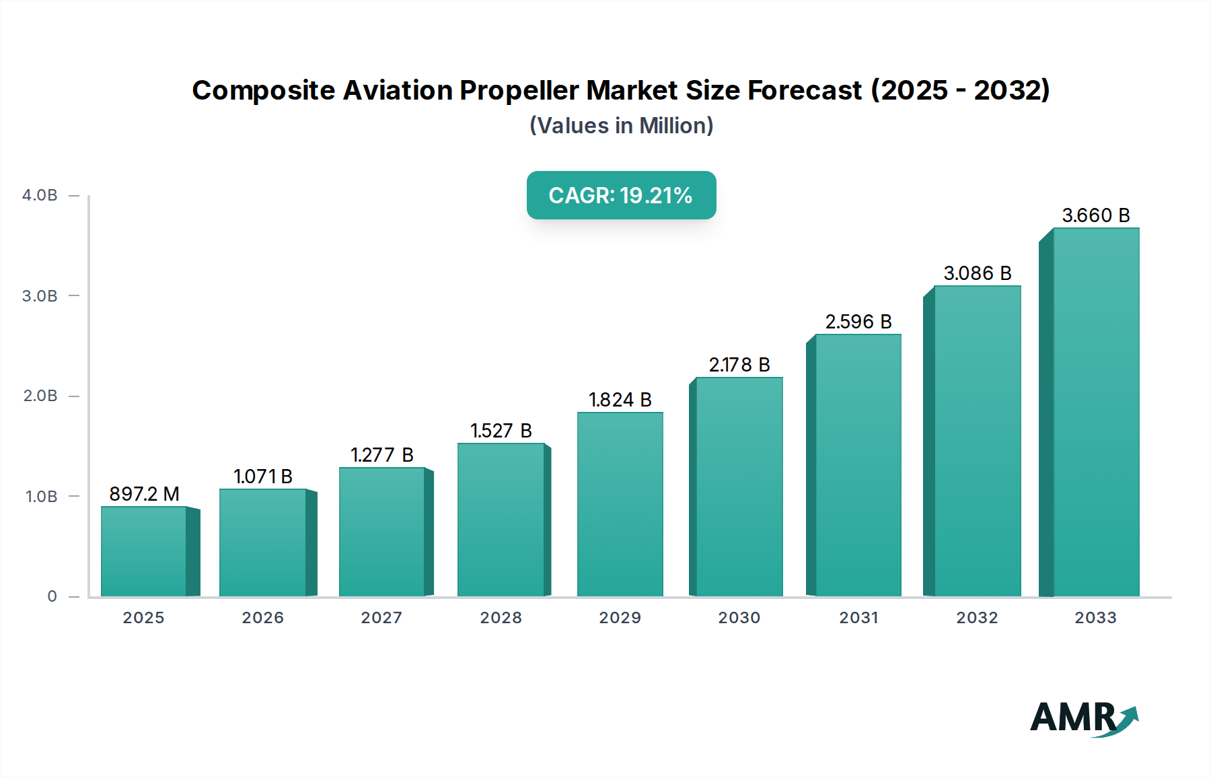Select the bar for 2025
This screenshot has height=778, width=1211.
point(144,551)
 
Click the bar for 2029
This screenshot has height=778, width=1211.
point(620,504)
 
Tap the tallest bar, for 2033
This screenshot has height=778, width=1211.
point(1096,412)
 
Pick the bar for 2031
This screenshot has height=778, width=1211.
point(858,465)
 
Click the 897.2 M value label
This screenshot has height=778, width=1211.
point(144,494)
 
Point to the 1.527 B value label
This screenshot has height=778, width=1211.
point(501,431)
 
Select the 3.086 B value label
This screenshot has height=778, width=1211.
point(977,273)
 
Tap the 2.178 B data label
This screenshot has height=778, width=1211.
point(739,365)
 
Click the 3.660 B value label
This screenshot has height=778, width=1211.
point(1095,215)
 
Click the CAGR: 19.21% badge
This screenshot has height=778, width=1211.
point(621,195)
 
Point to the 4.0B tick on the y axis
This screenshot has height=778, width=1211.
point(40,195)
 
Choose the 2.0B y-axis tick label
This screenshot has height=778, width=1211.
point(40,396)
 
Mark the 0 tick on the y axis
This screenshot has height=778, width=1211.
point(52,596)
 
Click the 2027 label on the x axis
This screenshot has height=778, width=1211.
point(381,618)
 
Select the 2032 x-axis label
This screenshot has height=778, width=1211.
point(977,618)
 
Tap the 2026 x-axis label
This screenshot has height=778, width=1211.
point(262,618)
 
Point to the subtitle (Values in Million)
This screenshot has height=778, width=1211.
point(621,126)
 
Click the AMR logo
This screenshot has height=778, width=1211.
point(1083,718)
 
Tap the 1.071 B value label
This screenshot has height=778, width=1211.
point(262,476)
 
